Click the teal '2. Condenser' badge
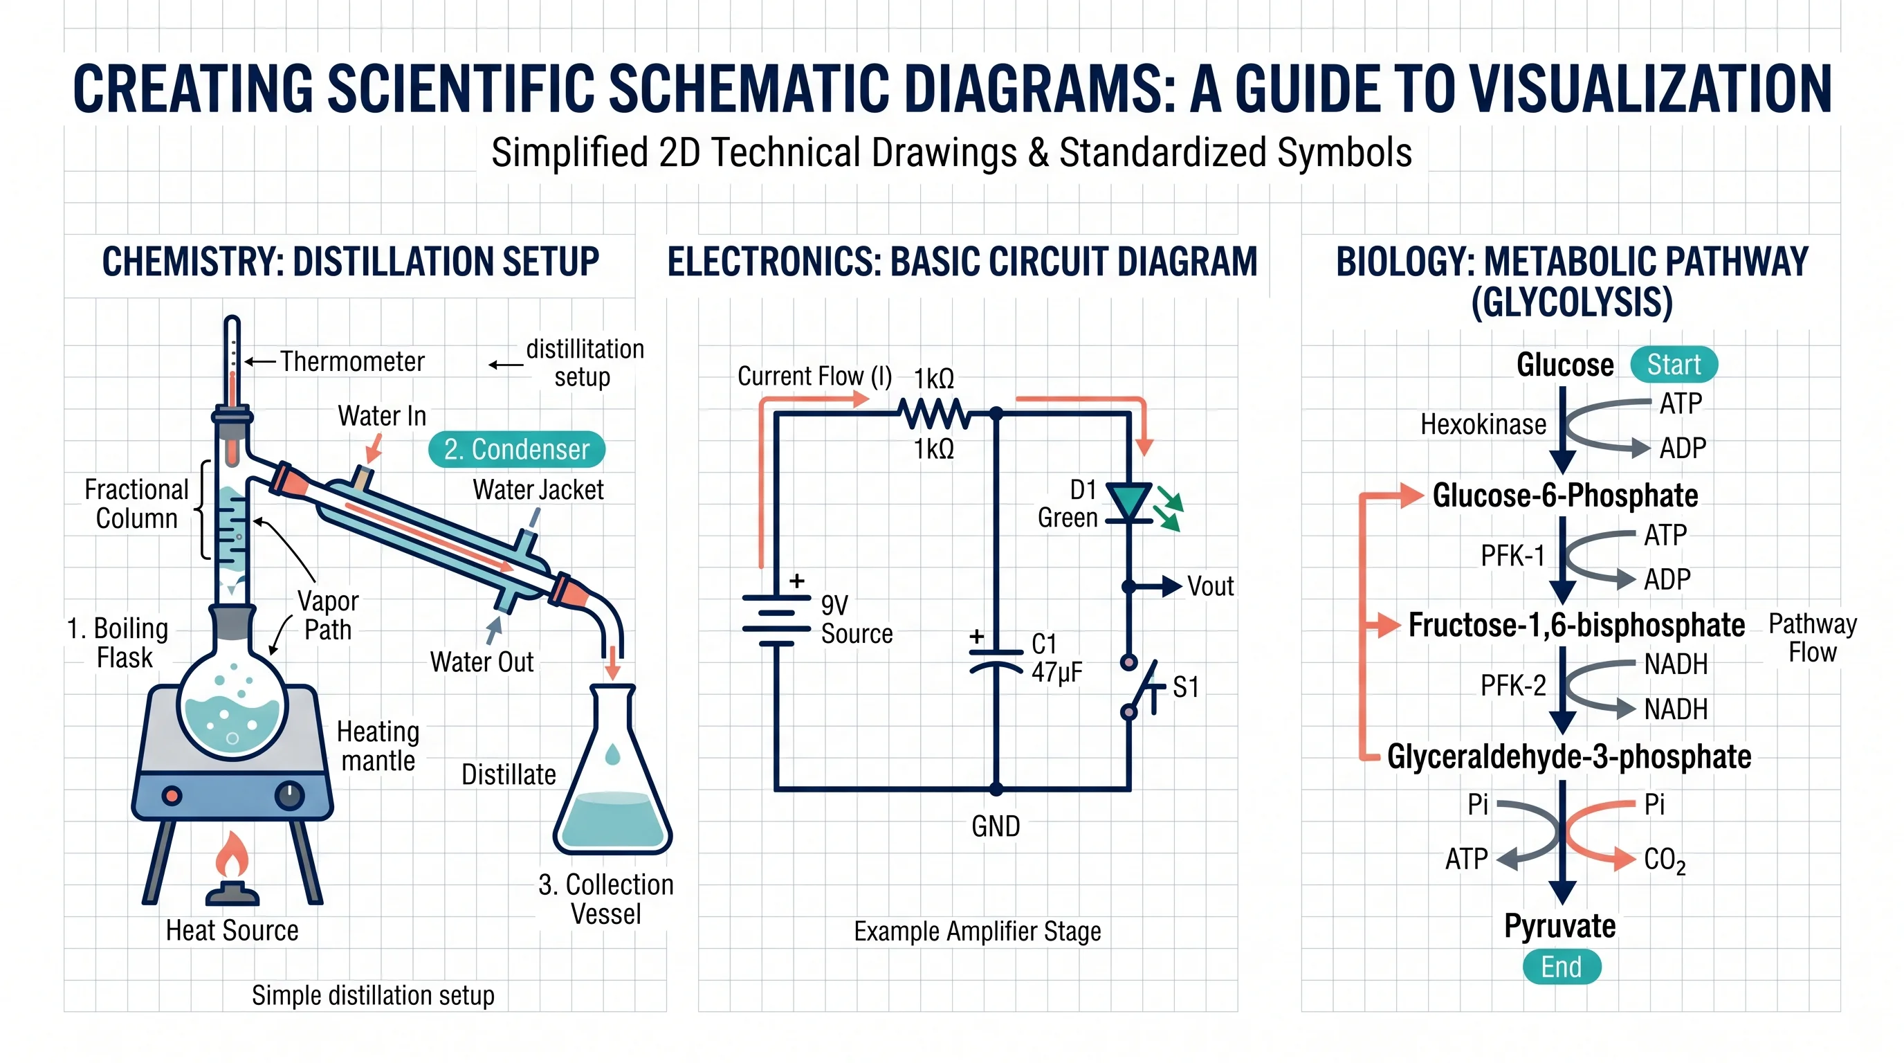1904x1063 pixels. (517, 449)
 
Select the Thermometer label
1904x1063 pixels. (352, 361)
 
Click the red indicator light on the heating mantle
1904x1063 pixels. (172, 795)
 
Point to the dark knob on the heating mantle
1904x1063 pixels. (289, 794)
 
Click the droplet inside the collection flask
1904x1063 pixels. (612, 754)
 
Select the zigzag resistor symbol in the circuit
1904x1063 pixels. (934, 414)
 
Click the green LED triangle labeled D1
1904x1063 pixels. (1128, 501)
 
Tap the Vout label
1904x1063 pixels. (1210, 586)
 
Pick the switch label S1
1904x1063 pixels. (1185, 687)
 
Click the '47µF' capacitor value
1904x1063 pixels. (1056, 673)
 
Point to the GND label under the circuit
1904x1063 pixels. (996, 826)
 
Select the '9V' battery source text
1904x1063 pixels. (834, 605)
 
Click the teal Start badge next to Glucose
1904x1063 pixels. (1674, 365)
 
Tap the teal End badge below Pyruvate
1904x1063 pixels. (1561, 966)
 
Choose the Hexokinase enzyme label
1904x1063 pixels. (1483, 424)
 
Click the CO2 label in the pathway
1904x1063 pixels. (1665, 860)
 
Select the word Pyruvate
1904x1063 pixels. (1559, 925)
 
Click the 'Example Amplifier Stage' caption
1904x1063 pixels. (977, 931)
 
